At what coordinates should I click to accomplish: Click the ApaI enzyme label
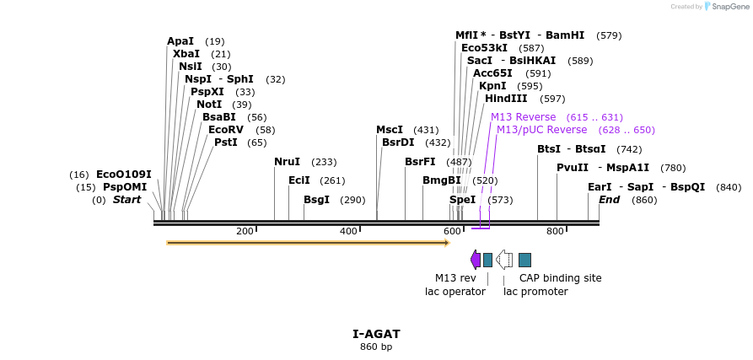pyautogui.click(x=180, y=41)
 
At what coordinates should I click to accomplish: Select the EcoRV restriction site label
pyautogui.click(x=225, y=130)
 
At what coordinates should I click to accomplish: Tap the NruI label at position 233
pyautogui.click(x=287, y=162)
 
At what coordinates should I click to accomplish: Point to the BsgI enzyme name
pyautogui.click(x=316, y=200)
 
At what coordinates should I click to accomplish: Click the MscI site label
pyautogui.click(x=390, y=130)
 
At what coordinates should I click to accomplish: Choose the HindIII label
pyautogui.click(x=506, y=99)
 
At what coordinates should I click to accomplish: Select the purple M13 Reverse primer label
pyautogui.click(x=523, y=117)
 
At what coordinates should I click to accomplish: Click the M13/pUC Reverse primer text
pyautogui.click(x=541, y=130)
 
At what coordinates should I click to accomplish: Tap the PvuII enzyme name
pyautogui.click(x=573, y=168)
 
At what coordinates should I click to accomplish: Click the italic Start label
pyautogui.click(x=126, y=200)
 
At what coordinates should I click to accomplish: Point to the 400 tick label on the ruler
pyautogui.click(x=348, y=231)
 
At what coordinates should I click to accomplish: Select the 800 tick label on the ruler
pyautogui.click(x=555, y=231)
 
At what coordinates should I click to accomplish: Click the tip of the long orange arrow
pyautogui.click(x=448, y=243)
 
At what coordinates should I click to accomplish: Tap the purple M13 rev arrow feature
pyautogui.click(x=476, y=259)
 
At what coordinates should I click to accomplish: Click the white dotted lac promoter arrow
pyautogui.click(x=503, y=259)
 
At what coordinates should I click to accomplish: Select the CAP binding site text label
pyautogui.click(x=560, y=278)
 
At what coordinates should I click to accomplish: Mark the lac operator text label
pyautogui.click(x=454, y=292)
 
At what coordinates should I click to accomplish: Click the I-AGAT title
pyautogui.click(x=376, y=334)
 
